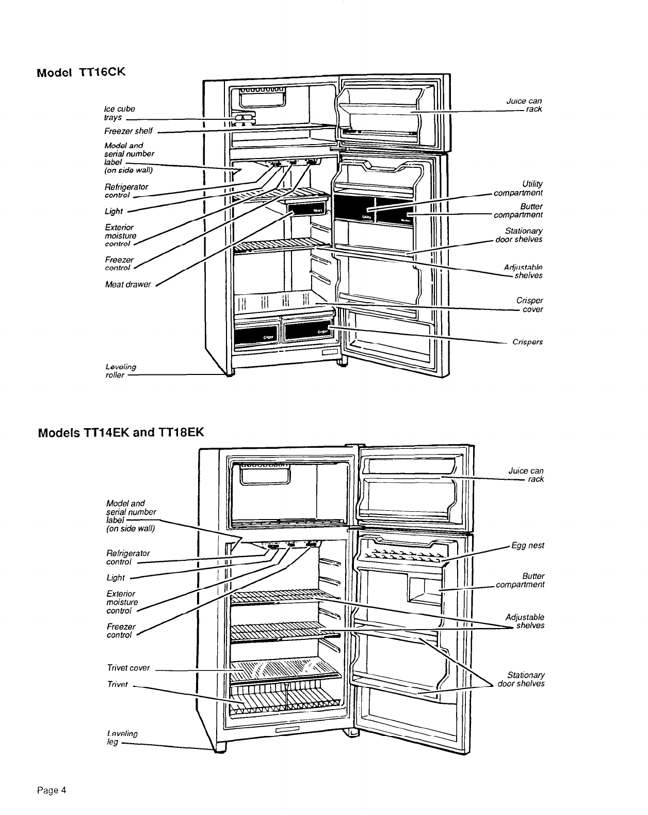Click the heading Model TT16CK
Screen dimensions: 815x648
(81, 72)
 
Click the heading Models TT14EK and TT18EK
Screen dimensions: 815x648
(121, 431)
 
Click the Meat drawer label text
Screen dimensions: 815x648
(128, 284)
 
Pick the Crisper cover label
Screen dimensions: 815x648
(529, 305)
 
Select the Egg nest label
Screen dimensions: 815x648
(527, 545)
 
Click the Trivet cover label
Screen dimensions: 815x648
(128, 668)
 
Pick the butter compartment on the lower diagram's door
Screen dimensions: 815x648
(424, 589)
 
